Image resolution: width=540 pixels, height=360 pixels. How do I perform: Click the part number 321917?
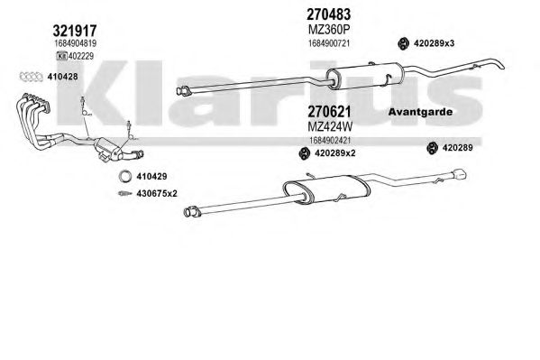pyautogui.click(x=75, y=31)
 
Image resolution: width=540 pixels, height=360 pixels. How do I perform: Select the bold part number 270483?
pyautogui.click(x=328, y=14)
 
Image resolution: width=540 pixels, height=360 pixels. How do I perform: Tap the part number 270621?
pyautogui.click(x=329, y=112)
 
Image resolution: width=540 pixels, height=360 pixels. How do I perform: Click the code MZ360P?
pyautogui.click(x=328, y=30)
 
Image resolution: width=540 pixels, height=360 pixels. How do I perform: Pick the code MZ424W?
pyautogui.click(x=330, y=127)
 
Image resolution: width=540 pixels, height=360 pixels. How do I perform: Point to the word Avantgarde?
pyautogui.click(x=420, y=112)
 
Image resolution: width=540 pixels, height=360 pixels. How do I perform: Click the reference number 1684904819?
pyautogui.click(x=75, y=43)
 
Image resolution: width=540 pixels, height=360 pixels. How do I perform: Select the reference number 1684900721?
pyautogui.click(x=329, y=43)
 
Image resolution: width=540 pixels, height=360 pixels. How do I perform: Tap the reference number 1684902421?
pyautogui.click(x=330, y=141)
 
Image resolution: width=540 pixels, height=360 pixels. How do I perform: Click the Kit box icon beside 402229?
pyautogui.click(x=62, y=56)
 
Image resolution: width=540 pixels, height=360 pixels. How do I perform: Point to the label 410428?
pyautogui.click(x=62, y=77)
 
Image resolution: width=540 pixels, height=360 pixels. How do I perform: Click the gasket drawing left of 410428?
pyautogui.click(x=31, y=77)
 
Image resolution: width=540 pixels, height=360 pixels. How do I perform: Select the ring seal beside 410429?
pyautogui.click(x=125, y=176)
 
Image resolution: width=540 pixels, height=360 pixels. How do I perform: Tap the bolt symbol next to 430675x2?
pyautogui.click(x=124, y=193)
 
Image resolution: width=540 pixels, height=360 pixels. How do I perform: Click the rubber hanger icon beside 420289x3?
pyautogui.click(x=403, y=43)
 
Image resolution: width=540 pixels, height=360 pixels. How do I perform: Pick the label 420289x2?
pyautogui.click(x=334, y=153)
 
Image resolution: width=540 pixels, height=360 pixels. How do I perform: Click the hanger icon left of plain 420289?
pyautogui.click(x=432, y=148)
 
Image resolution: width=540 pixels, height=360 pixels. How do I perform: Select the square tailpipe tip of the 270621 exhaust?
pyautogui.click(x=460, y=174)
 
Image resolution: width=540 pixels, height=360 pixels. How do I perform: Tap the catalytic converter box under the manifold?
pyautogui.click(x=108, y=149)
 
